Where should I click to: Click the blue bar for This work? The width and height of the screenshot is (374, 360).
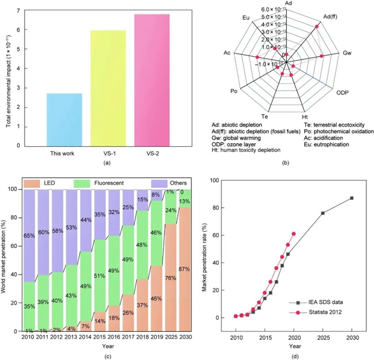(x=64, y=120)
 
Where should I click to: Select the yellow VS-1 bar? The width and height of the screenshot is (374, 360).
(x=108, y=88)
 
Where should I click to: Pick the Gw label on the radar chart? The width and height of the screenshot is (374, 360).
(x=347, y=52)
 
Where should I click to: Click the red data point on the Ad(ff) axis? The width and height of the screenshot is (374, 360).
(x=317, y=26)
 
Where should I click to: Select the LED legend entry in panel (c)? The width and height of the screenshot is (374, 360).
(x=49, y=184)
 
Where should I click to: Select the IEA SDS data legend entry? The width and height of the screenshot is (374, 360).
(x=325, y=302)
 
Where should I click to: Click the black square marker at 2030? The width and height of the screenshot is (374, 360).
(x=351, y=198)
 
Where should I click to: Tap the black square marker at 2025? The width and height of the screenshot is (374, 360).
(x=323, y=213)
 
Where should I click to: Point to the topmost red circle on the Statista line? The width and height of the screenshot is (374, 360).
(x=293, y=234)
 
